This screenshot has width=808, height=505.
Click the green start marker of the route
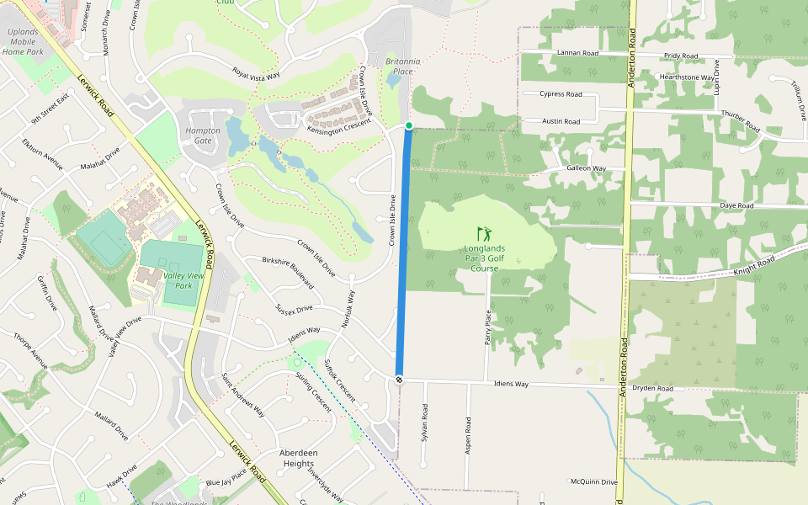409,125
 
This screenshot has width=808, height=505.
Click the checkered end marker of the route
399,380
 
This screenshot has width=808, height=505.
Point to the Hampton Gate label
203,136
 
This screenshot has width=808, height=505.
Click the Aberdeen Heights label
299,458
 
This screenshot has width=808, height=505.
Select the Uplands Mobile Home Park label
23,41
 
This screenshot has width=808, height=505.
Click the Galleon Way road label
587,168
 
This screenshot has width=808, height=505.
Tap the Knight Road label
753,265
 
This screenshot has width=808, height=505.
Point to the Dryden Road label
653,389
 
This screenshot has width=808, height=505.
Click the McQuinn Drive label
594,482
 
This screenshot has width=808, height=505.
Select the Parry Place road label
488,327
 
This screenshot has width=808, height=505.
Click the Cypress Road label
561,94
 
